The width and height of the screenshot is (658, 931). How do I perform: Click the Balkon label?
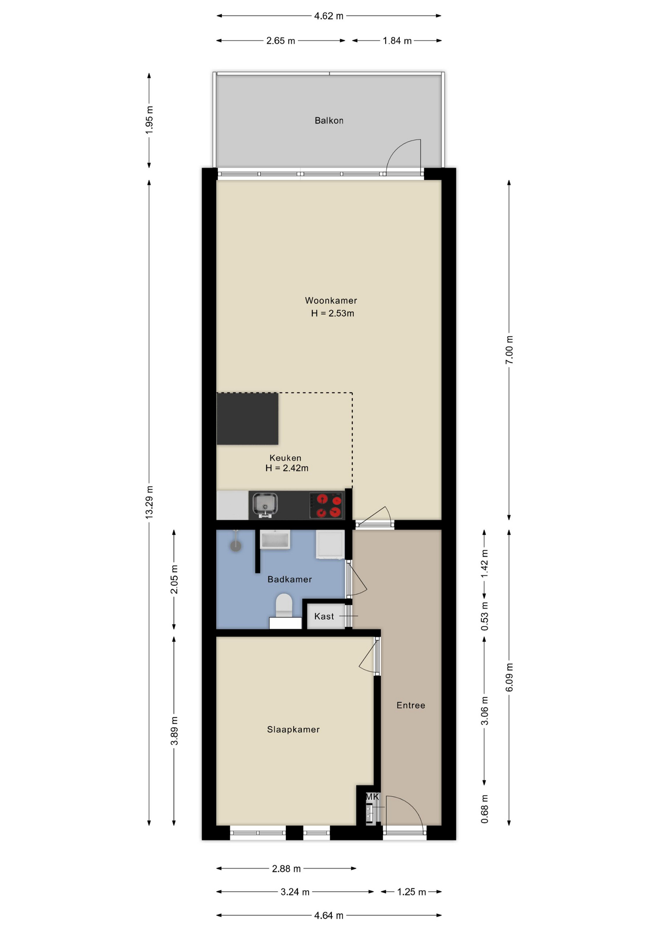pos(329,121)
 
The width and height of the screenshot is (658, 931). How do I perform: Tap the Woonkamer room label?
pos(331,301)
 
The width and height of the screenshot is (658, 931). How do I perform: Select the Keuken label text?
pos(285,458)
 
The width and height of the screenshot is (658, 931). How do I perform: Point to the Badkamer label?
pos(290,579)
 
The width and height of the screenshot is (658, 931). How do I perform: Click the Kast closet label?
pos(324,616)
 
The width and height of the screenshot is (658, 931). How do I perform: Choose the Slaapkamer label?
pos(293,729)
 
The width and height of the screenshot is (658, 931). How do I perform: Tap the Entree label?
pos(411,705)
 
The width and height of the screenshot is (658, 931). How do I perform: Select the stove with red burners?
pos(327,505)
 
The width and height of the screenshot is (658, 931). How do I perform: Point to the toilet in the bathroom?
pos(284,610)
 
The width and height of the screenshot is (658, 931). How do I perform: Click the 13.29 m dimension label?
pos(149,502)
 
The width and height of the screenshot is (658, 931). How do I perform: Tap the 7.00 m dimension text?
pos(509,350)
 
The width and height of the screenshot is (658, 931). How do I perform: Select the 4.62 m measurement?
pos(329,16)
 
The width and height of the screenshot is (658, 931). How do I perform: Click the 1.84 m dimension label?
pos(397,41)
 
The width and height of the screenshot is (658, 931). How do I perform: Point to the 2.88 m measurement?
pos(286,868)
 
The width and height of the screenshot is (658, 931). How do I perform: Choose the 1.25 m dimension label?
pos(412,892)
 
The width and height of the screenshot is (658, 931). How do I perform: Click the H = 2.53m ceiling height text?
pos(332,313)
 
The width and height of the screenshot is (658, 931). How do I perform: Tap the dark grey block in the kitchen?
pos(247,419)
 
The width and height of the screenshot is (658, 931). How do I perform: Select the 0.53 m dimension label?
pos(485,616)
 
